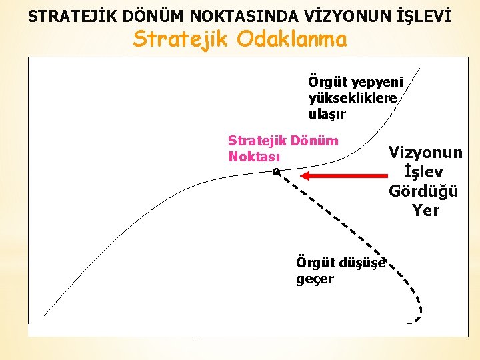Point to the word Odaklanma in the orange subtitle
(x=292, y=39)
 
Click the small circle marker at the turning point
(x=276, y=171)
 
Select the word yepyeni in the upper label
(x=379, y=82)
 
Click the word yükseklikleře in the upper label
(x=353, y=98)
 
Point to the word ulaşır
(x=327, y=113)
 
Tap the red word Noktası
(x=254, y=157)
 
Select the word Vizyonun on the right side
(x=425, y=153)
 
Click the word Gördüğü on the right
(x=424, y=191)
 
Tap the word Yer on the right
(x=425, y=211)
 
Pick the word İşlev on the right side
(x=424, y=172)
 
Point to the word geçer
(x=315, y=278)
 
